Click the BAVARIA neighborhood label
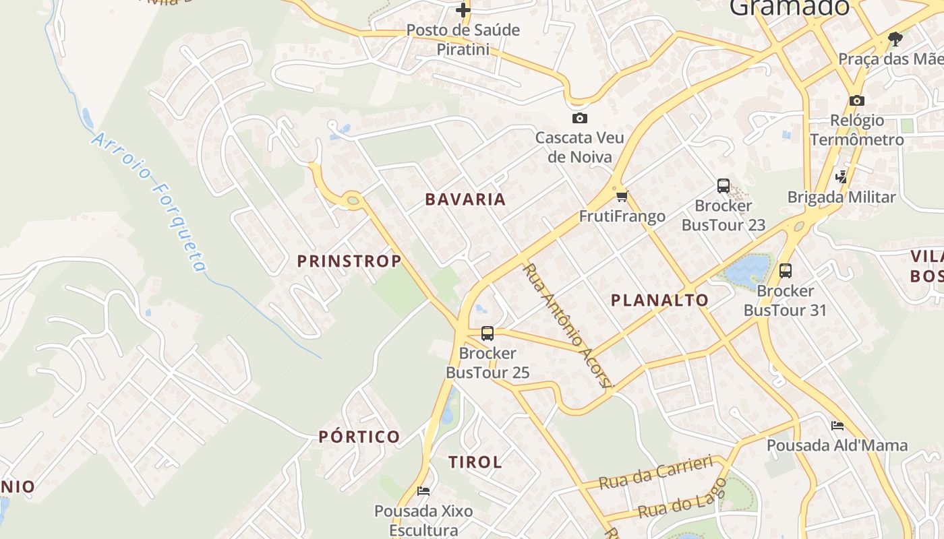[x=465, y=199]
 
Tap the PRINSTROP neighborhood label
[x=349, y=261]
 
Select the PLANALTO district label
[x=659, y=300]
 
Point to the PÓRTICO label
[x=359, y=437]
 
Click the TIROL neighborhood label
[x=475, y=462]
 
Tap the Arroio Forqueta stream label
[x=150, y=201]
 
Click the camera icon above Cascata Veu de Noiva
[x=579, y=119]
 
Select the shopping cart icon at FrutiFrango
[x=622, y=196]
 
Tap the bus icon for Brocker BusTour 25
[x=488, y=333]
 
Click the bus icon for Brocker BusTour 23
[x=724, y=186]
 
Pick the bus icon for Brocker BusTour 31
[x=786, y=271]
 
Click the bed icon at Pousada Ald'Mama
[x=837, y=425]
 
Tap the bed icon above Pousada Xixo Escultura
[x=423, y=490]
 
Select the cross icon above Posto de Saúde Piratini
[x=463, y=10]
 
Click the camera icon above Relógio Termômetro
[x=857, y=100]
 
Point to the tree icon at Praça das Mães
[x=895, y=38]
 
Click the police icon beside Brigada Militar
[x=841, y=177]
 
